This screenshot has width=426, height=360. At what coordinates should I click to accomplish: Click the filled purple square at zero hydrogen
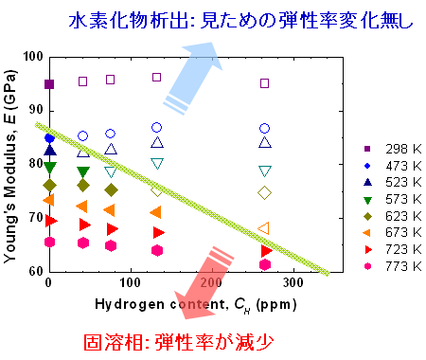(49, 84)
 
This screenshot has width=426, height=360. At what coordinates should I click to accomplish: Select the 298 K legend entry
(393, 149)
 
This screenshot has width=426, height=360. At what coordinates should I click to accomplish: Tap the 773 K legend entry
(393, 266)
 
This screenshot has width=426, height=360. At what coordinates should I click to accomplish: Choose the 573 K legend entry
(393, 200)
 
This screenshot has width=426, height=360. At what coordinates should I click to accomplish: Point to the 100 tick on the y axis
(33, 57)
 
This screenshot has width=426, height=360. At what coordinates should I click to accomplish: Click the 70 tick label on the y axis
(35, 218)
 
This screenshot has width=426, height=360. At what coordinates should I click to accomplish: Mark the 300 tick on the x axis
(293, 282)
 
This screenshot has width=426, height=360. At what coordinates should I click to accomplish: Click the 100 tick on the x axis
(131, 282)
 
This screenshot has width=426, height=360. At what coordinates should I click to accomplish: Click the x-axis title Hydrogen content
(161, 304)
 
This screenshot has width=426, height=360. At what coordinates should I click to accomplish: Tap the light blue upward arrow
(192, 78)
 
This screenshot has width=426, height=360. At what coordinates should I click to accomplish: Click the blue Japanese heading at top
(240, 20)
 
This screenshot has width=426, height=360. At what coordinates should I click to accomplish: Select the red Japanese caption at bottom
(179, 342)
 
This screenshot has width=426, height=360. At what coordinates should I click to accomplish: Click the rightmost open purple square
(264, 83)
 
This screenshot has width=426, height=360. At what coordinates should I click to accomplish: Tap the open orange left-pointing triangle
(264, 228)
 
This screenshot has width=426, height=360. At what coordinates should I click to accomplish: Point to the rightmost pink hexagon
(265, 264)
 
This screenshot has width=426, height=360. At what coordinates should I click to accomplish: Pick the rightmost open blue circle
(264, 128)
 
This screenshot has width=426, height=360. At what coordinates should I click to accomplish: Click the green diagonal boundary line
(183, 199)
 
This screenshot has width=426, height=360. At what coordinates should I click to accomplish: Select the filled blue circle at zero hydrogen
(49, 138)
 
